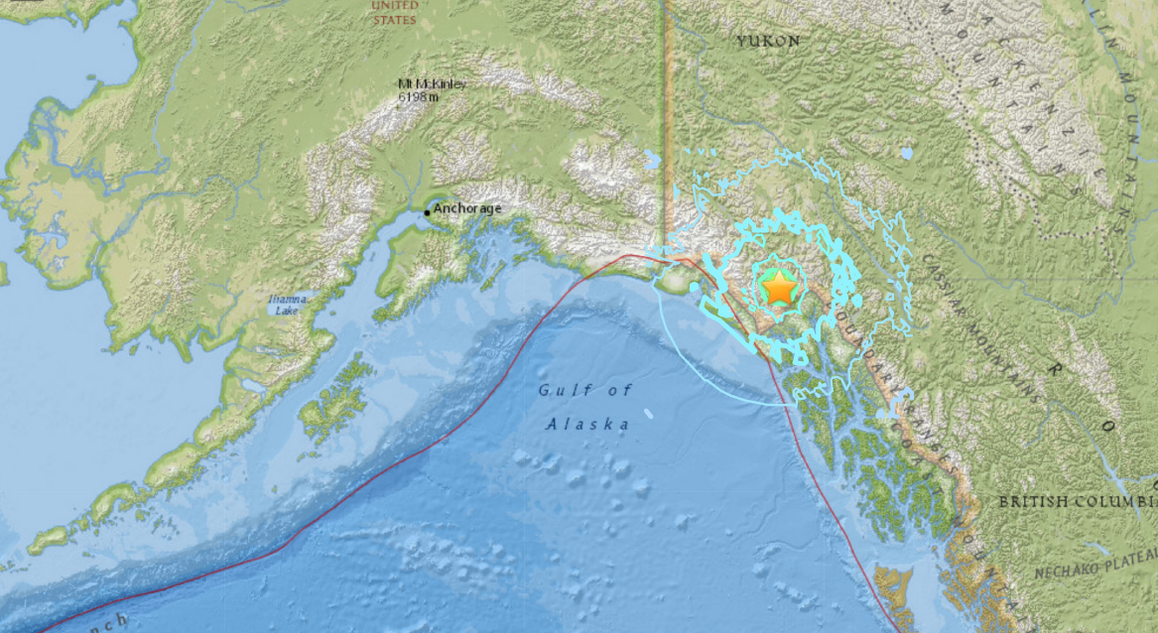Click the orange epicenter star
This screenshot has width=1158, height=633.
(780, 288)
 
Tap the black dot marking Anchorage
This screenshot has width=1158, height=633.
(428, 211)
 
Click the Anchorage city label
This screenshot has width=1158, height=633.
(467, 209)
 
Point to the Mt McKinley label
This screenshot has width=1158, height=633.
(432, 84)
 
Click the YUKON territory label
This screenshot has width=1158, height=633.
(768, 41)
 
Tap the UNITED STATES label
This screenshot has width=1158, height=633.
(394, 12)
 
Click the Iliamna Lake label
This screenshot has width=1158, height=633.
(283, 305)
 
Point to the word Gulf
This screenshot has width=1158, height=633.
(558, 390)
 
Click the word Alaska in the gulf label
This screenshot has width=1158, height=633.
(588, 425)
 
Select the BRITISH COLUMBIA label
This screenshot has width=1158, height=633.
(1076, 502)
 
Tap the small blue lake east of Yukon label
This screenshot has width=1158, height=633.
(906, 154)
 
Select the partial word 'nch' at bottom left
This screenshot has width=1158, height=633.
(112, 621)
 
